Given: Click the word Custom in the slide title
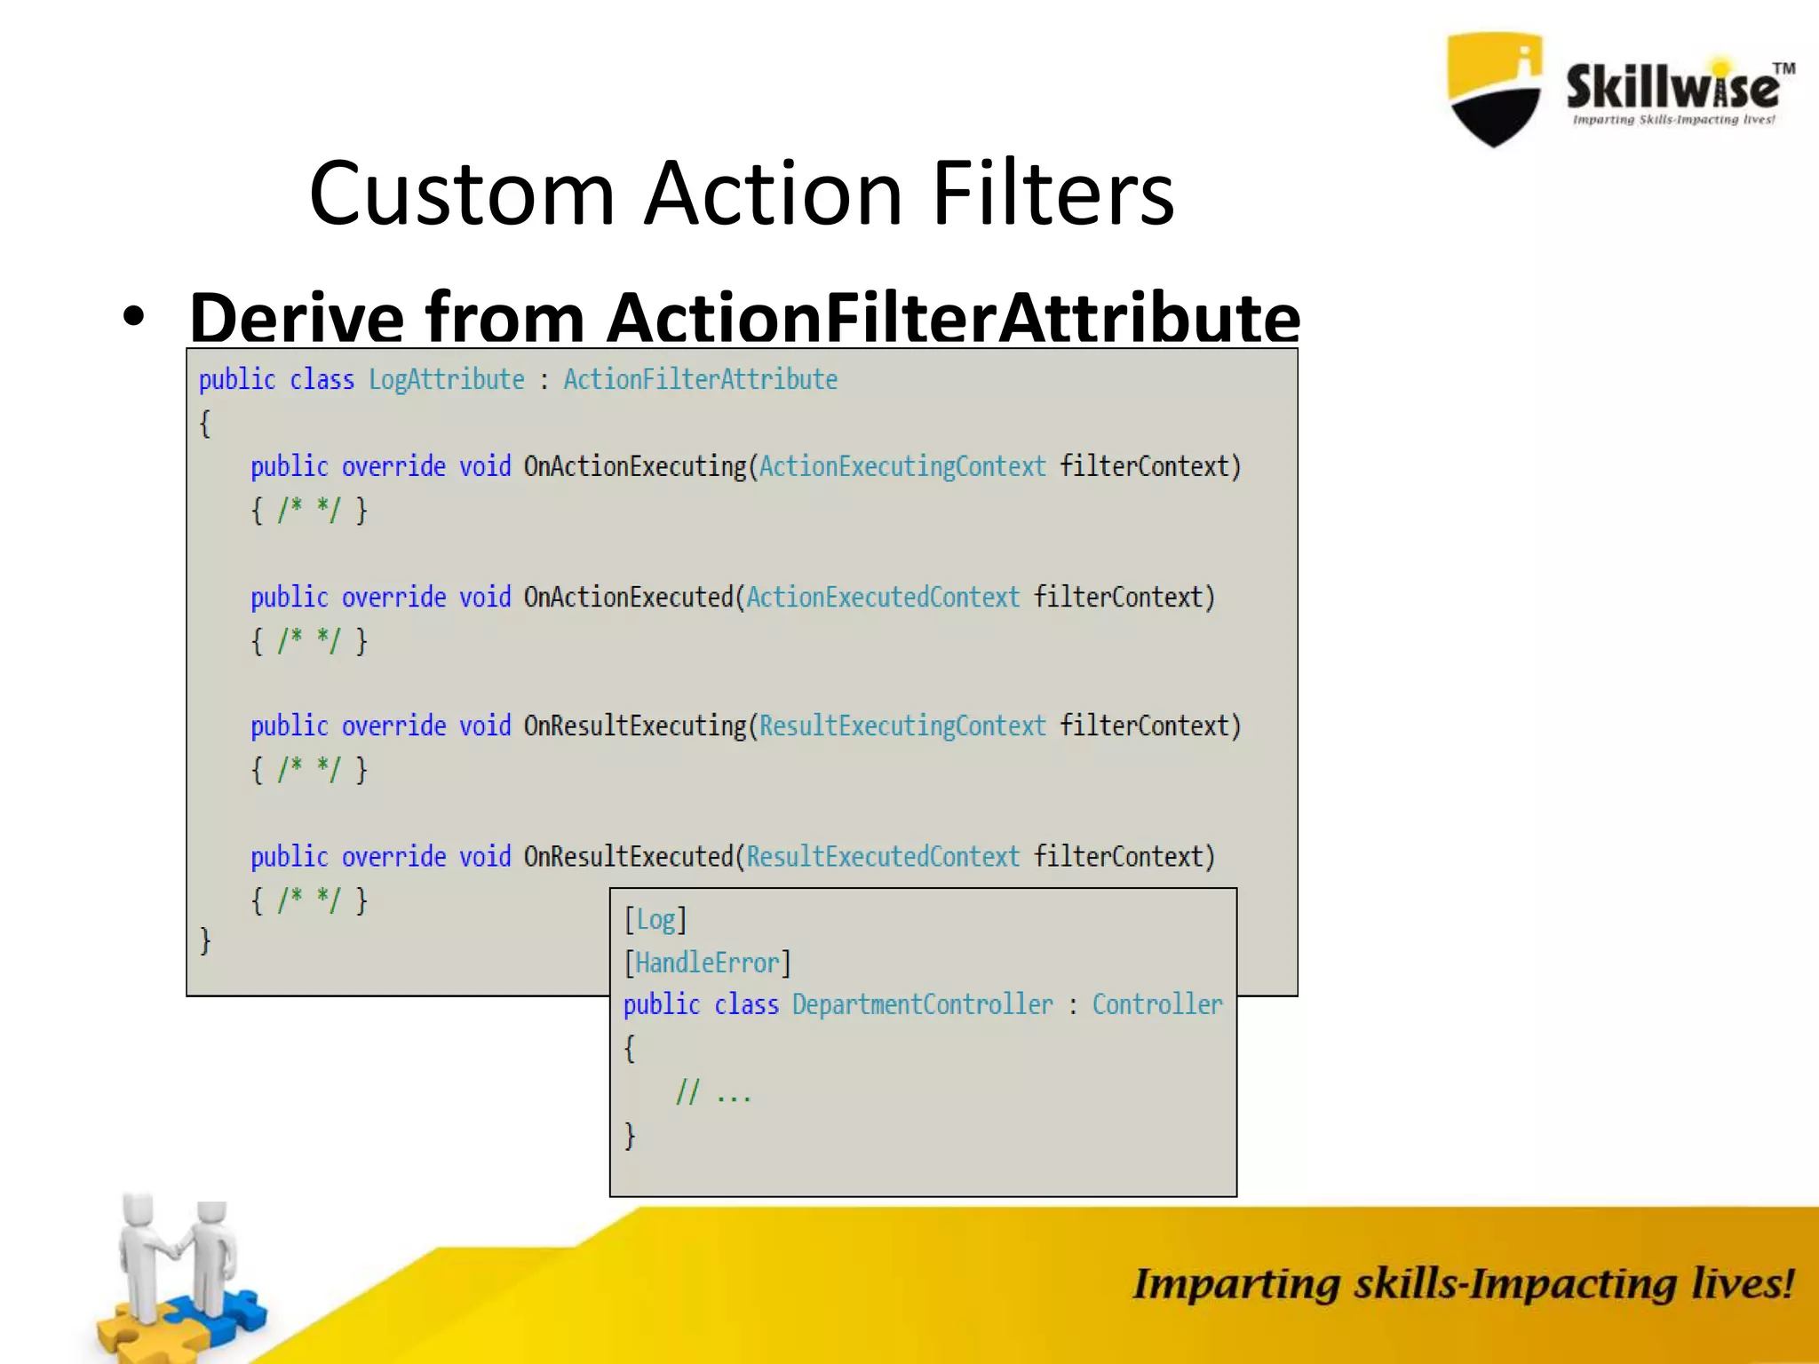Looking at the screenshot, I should [462, 194].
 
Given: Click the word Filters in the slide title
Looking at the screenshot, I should [1053, 194].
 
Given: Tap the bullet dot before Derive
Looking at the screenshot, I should [133, 318].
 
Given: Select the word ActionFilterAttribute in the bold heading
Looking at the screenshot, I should [954, 318].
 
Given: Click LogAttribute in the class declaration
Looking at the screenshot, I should [447, 380].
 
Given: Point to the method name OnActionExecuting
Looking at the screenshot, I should [635, 466].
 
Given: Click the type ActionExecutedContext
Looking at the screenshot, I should [883, 597].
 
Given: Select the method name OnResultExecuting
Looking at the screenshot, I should [635, 726].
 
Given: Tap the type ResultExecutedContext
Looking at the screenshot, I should [883, 857].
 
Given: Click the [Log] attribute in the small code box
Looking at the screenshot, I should [655, 920].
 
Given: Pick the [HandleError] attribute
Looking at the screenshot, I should [707, 963].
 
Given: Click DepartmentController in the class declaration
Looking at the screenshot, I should [922, 1004].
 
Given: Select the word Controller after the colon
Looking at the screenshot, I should [1157, 1004].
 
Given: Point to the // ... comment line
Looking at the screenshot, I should [713, 1092].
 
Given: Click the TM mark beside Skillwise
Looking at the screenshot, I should [1783, 68].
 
